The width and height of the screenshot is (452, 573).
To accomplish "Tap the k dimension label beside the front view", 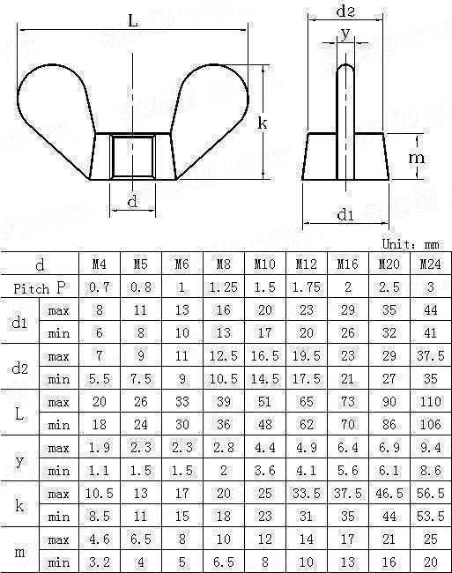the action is point(263,123).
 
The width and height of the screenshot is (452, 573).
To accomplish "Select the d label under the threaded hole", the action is point(133,201).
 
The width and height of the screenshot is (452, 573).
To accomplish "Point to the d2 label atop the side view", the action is point(345,11).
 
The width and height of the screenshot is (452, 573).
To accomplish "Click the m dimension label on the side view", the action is point(416,158).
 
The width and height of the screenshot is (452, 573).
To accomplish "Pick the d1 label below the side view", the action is point(345,214).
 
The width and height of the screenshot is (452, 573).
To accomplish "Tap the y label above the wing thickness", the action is point(345,34).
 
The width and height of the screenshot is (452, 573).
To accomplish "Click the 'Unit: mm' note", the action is point(411,243).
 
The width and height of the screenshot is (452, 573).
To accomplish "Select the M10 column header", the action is point(264,264).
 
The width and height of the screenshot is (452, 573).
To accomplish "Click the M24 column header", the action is point(431,264).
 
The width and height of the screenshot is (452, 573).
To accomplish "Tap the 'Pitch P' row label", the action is point(39,288).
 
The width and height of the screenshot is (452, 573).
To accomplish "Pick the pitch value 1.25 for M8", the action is point(224,287).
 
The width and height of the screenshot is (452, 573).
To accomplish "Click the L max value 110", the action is point(431,402).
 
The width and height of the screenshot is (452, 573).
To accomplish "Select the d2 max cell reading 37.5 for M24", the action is point(431,355).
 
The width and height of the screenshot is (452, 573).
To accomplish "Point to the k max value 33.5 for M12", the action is point(307,494).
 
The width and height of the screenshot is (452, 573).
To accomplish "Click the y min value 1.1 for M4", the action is point(100,471).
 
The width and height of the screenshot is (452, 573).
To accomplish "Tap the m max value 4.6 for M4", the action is point(100,540).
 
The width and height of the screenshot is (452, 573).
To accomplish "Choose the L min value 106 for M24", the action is point(431,424).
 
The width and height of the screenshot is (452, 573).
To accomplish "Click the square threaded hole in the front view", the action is point(133,157).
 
